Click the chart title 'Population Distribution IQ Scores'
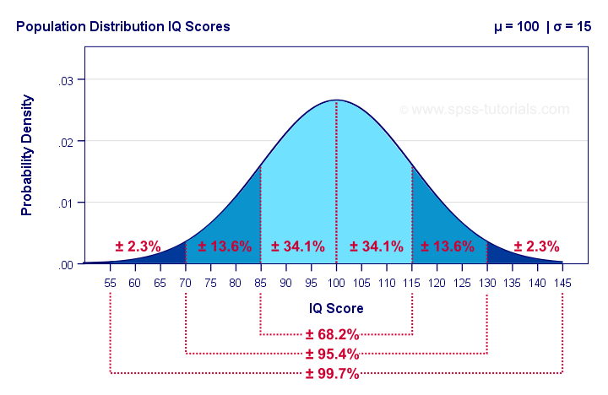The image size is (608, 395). tap(122, 27)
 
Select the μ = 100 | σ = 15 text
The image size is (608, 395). tap(542, 27)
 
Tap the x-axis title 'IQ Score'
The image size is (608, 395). tap(336, 308)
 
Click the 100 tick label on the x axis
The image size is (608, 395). tap(336, 283)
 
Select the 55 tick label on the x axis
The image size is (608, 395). tap(111, 283)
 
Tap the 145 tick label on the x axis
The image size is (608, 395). tap(562, 283)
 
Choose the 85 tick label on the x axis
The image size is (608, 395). tap(261, 283)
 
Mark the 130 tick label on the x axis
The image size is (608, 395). tap(487, 283)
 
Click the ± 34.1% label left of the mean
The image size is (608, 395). tap(298, 246)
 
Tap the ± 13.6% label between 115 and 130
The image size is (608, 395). tap(448, 246)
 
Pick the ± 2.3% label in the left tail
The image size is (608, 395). tap(138, 246)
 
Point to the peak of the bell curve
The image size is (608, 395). tap(336, 100)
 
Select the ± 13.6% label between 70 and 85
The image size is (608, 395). tap(225, 246)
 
